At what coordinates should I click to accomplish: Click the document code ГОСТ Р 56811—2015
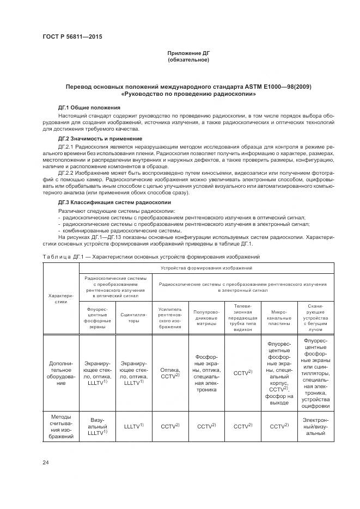72,37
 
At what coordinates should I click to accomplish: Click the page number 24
45,463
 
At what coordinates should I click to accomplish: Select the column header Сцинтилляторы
133,318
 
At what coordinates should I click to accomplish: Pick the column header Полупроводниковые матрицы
206,318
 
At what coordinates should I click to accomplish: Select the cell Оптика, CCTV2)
170,373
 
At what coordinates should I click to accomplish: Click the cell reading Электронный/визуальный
315,426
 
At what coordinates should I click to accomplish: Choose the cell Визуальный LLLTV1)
97,426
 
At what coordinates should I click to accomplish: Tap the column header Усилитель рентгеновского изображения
170,318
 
